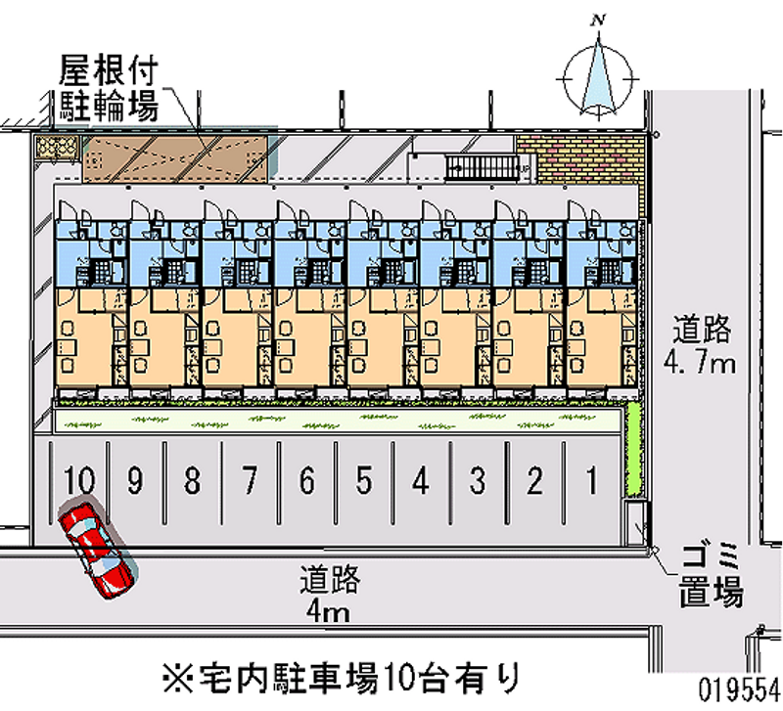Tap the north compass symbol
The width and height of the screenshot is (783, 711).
pyautogui.click(x=598, y=73)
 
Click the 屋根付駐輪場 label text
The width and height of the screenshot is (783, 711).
pyautogui.click(x=109, y=88)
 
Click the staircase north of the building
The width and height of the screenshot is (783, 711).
pyautogui.click(x=482, y=167)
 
